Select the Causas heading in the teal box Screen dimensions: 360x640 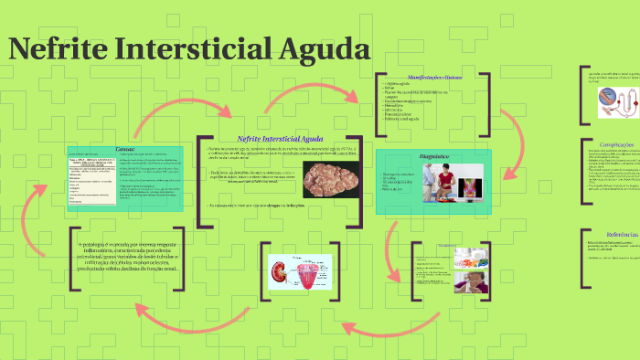(125, 149)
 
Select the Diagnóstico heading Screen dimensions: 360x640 (433, 156)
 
